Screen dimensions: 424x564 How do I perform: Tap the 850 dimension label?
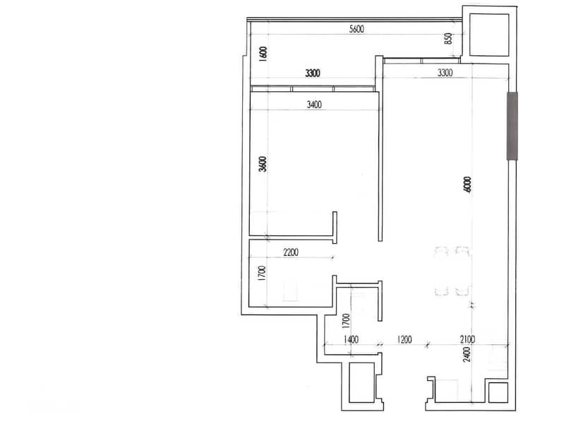tap(448, 40)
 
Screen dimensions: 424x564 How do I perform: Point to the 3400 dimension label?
tap(314, 105)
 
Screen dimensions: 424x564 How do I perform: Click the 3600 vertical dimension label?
tap(263, 164)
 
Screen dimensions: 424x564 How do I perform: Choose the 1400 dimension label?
tap(351, 340)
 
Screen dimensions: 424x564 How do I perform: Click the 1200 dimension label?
tap(404, 340)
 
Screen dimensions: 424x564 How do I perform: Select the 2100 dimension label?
tap(467, 340)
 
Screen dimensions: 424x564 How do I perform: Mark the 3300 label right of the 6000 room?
tap(445, 72)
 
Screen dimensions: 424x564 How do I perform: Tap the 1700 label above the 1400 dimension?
tap(346, 322)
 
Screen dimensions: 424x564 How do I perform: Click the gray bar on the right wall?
tap(512, 126)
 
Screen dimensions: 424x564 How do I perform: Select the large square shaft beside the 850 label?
tap(486, 33)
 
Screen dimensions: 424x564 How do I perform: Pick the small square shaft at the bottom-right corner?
tap(498, 393)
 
